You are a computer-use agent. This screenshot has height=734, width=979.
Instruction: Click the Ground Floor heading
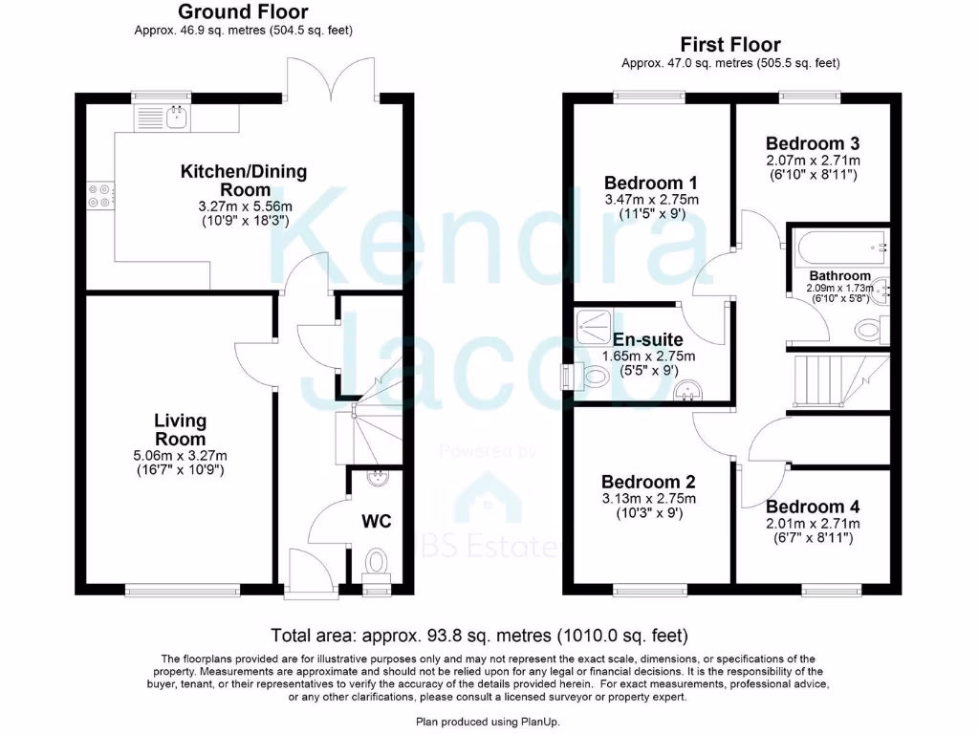click(x=243, y=12)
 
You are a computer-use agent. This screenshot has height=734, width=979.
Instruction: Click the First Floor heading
click(x=729, y=44)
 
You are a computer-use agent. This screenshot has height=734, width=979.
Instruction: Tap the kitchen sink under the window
click(x=176, y=117)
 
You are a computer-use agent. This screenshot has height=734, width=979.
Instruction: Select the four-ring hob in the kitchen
click(x=98, y=195)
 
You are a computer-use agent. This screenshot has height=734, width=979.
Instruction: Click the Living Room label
click(x=181, y=429)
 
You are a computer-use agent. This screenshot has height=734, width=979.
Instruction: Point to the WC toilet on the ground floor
click(x=378, y=561)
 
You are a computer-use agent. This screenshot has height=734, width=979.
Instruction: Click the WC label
click(x=376, y=521)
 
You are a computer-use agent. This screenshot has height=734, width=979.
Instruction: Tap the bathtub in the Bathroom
click(x=838, y=247)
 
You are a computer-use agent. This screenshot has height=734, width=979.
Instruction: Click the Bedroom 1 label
click(x=651, y=183)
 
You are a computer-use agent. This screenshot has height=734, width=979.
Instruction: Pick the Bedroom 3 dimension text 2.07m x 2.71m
click(x=813, y=160)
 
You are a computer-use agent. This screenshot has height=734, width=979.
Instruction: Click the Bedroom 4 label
click(x=813, y=507)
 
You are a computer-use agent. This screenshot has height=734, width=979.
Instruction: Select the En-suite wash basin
click(x=686, y=389)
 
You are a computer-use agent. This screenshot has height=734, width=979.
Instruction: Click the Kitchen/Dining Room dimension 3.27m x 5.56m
click(x=244, y=205)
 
